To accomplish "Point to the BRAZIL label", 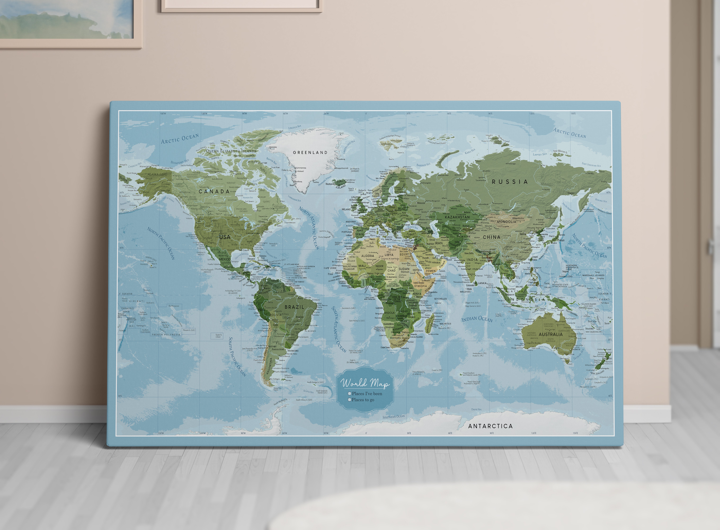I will [294, 307].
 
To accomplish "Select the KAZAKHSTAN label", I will [457, 217].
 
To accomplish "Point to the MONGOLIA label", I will [506, 222].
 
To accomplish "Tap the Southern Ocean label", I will [394, 417].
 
